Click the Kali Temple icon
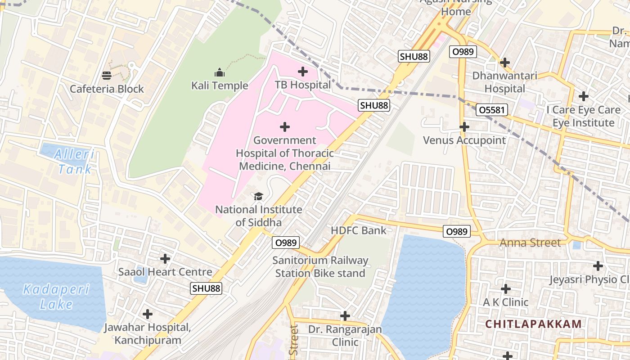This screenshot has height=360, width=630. coord(220,72)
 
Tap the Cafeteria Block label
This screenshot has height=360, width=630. coord(107,89)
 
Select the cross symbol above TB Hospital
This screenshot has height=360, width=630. coord(303,71)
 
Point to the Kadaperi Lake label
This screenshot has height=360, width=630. coord(56,297)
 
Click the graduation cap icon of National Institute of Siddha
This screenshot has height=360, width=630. coord(258,196)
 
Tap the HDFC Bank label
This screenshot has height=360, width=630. coord(358,230)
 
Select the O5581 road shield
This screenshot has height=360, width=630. coord(492,110)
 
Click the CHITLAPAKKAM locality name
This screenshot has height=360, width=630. coord(534,324)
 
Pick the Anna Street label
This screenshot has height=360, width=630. coord(530,243)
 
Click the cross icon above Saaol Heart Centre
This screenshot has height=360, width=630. coord(165,259)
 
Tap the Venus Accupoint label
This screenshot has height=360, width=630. coord(464,140)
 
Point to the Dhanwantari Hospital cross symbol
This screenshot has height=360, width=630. coord(505,62)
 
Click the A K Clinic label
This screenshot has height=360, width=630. coord(505,302)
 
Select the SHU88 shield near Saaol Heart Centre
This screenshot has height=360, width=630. coord(207,288)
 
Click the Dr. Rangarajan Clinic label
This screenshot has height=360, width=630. coord(345,336)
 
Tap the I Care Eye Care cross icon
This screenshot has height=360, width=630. coord(584,96)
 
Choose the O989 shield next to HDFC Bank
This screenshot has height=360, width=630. coord(456,231)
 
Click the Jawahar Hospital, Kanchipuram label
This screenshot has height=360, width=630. coord(148,333)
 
